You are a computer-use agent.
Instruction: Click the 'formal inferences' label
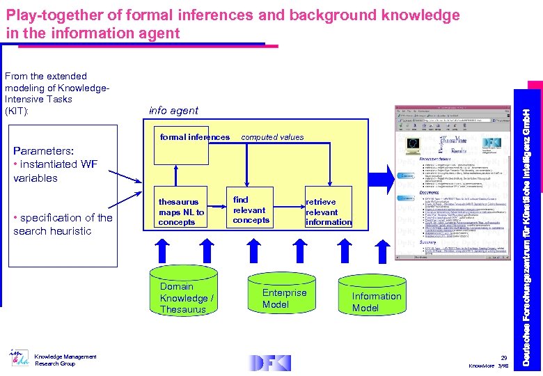(194, 137)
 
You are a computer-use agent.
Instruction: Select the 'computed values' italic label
(272, 137)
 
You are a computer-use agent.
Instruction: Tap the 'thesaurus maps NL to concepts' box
(181, 211)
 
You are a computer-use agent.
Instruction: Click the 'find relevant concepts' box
(251, 210)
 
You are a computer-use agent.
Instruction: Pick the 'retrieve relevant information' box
(328, 212)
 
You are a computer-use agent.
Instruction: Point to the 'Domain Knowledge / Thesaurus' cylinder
(187, 297)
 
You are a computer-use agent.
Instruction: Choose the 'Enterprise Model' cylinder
(284, 298)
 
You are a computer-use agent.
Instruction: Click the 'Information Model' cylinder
(376, 301)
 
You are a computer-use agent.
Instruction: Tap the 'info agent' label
(173, 111)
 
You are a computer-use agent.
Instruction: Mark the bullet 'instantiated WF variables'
(46, 171)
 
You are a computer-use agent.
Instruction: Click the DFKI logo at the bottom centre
(271, 362)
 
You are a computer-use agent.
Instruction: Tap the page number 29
(504, 358)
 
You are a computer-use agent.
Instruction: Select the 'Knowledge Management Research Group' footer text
(65, 360)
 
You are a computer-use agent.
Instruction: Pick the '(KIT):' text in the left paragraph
(17, 111)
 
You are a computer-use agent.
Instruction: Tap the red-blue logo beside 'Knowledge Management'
(19, 359)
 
